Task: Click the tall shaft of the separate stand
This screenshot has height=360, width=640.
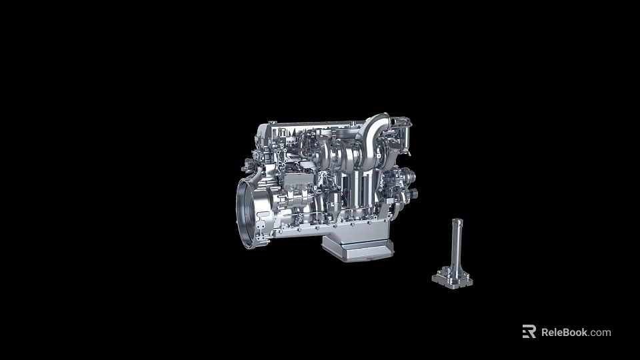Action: [x=456, y=247]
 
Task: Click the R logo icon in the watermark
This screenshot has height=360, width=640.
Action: [x=529, y=331]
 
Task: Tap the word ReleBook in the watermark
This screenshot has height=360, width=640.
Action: [x=564, y=332]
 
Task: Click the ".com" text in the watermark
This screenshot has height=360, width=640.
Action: [x=600, y=332]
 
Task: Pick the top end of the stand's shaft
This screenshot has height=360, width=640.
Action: [x=457, y=221]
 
